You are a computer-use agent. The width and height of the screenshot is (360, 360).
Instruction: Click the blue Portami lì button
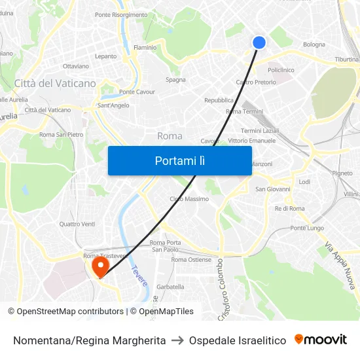pyautogui.click(x=179, y=160)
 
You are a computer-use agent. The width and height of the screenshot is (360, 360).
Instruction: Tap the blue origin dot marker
pyautogui.click(x=259, y=42)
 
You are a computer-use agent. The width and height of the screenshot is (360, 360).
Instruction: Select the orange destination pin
pyautogui.click(x=100, y=266)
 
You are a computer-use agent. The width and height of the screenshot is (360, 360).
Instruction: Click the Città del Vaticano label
pyautogui.click(x=55, y=84)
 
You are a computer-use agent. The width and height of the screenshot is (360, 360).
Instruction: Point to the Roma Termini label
pyautogui.click(x=243, y=111)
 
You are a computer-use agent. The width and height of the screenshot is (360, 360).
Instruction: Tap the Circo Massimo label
pyautogui.click(x=189, y=199)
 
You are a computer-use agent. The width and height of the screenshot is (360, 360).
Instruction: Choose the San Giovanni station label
pyautogui.click(x=273, y=189)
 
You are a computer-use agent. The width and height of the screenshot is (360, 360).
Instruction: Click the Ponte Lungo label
pyautogui.click(x=307, y=228)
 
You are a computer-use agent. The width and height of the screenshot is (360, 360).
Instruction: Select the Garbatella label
pyautogui.click(x=170, y=287)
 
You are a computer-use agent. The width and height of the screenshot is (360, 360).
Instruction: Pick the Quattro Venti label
pyautogui.click(x=77, y=224)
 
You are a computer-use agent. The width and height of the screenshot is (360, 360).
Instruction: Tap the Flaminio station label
pyautogui.click(x=145, y=48)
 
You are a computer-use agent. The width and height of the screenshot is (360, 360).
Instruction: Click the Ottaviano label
pyautogui.click(x=75, y=66)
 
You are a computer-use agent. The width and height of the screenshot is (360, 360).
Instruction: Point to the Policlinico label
pyautogui.click(x=281, y=70)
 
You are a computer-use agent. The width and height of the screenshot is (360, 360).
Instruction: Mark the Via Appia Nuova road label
pyautogui.click(x=339, y=265)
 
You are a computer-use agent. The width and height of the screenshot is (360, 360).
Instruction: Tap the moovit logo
pyautogui.click(x=321, y=340)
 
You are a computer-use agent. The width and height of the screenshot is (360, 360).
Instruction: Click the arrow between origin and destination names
pyautogui.click(x=177, y=340)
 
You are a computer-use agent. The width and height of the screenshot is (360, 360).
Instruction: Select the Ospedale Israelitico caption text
pyautogui.click(x=238, y=340)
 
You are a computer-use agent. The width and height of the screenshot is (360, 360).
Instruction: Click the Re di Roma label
pyautogui.click(x=290, y=208)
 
